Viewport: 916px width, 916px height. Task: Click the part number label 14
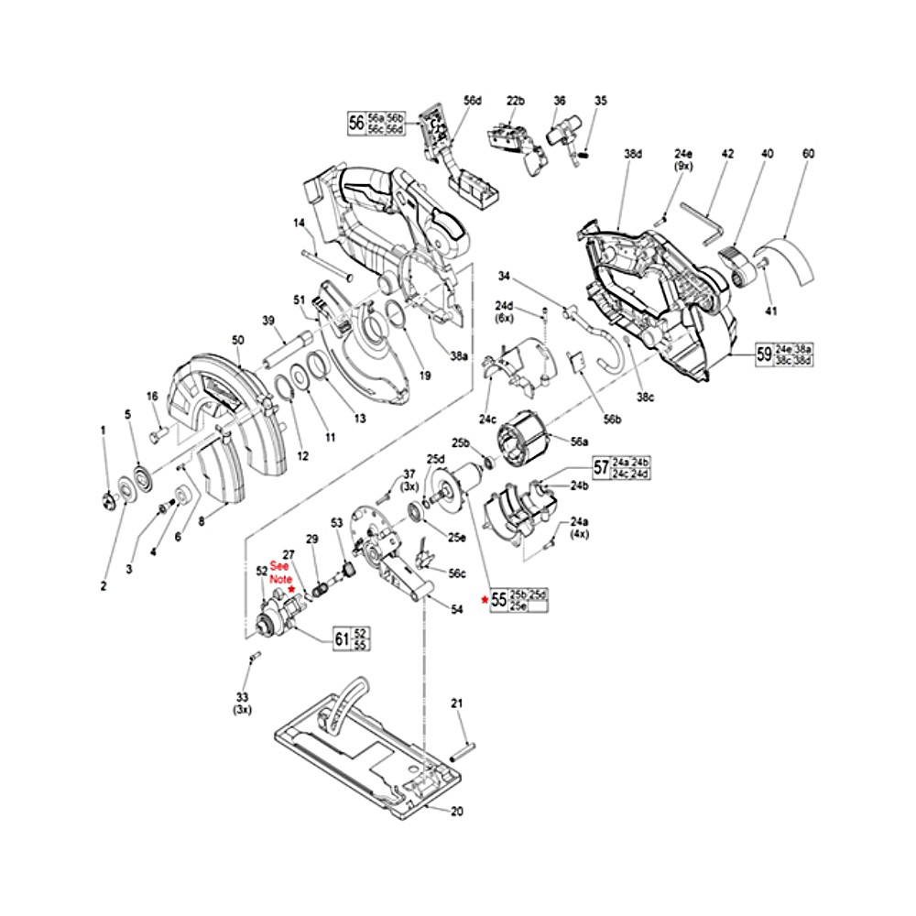[x=299, y=223]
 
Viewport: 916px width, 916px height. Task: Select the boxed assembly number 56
[x=355, y=122]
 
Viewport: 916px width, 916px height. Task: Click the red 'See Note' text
[x=279, y=573]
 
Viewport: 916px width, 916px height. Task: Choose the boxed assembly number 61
[x=340, y=639]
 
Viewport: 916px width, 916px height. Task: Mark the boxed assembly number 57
[x=601, y=468]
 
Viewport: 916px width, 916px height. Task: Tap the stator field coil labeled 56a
[x=521, y=448]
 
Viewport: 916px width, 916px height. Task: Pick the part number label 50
[x=237, y=340]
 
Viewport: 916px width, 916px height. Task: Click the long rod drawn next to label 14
[x=326, y=265]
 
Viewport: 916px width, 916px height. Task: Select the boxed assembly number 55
[x=499, y=601]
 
